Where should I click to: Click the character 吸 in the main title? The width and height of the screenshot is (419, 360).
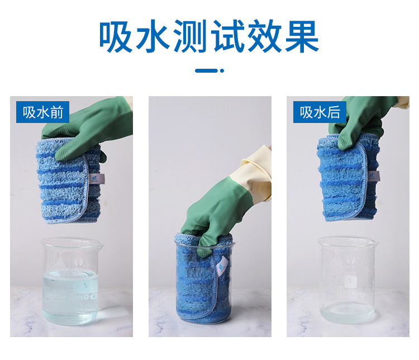116,36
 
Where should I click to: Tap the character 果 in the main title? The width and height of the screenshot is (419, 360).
302,36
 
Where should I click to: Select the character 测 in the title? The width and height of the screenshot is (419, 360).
191,36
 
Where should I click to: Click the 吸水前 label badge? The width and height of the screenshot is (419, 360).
43,112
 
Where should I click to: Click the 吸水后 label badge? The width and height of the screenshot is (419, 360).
320,112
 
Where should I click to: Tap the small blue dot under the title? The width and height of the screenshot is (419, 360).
222,70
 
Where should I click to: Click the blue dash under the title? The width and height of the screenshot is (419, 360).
206,70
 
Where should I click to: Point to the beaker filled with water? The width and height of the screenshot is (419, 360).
71,281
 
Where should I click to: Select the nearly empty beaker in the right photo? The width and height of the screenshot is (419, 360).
347,280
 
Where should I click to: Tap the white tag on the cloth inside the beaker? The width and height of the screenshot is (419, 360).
222,266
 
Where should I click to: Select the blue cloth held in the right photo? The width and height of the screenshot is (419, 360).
348,178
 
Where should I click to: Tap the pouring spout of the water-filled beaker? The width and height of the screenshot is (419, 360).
100,244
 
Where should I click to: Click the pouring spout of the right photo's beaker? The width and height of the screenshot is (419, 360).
375,243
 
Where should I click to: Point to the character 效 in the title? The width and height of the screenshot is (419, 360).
265,36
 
